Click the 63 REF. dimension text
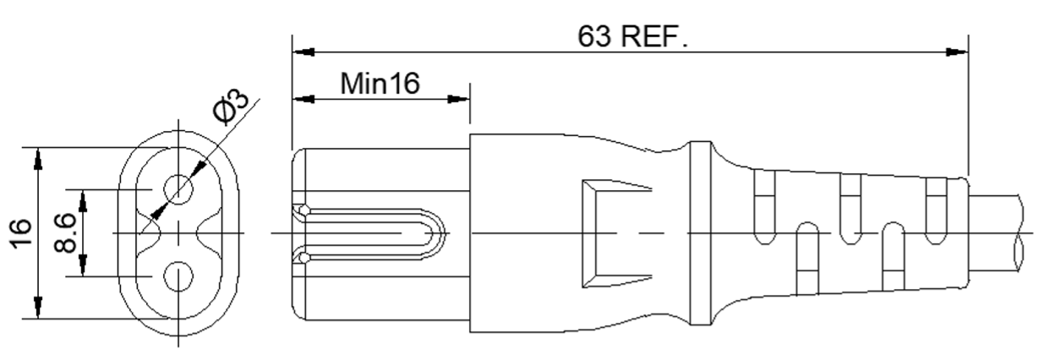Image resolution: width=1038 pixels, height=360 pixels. click(632, 36)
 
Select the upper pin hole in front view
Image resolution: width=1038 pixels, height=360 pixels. click(178, 189)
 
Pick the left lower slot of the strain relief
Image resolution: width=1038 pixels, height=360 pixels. click(808, 258)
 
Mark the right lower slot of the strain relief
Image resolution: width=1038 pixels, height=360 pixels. click(893, 257)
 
